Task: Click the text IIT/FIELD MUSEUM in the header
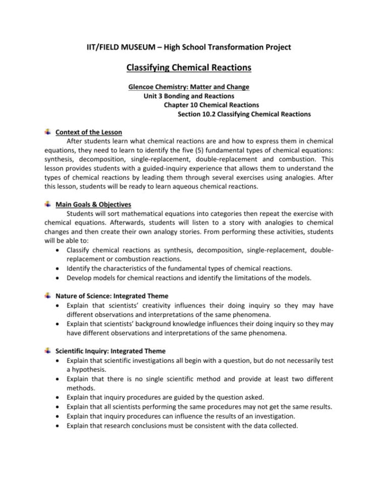coord(120,47)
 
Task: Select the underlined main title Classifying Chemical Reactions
coord(189,68)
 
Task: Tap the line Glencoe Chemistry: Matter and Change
coord(189,87)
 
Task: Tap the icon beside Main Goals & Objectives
coord(47,204)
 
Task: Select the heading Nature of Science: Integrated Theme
coord(112,296)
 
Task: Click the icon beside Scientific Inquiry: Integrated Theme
coord(47,350)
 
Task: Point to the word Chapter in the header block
coord(177,105)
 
